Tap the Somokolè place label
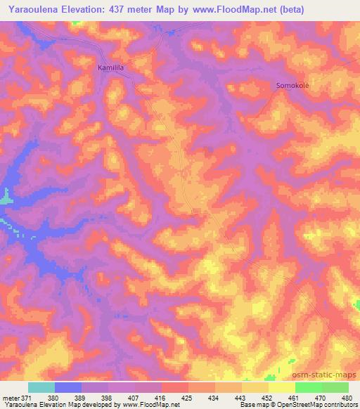(x=289, y=85)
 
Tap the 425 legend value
(x=187, y=397)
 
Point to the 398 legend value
(x=108, y=397)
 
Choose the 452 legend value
(x=266, y=397)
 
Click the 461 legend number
(x=293, y=397)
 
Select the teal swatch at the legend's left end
(x=41, y=387)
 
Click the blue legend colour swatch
(x=68, y=387)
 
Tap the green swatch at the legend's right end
(x=335, y=387)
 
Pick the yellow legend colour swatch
(x=281, y=387)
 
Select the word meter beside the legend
(x=12, y=397)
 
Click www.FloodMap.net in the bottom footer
(x=149, y=405)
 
